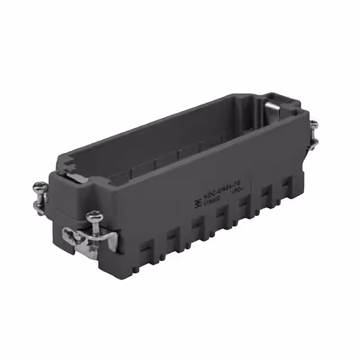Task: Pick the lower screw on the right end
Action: point(314,141)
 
